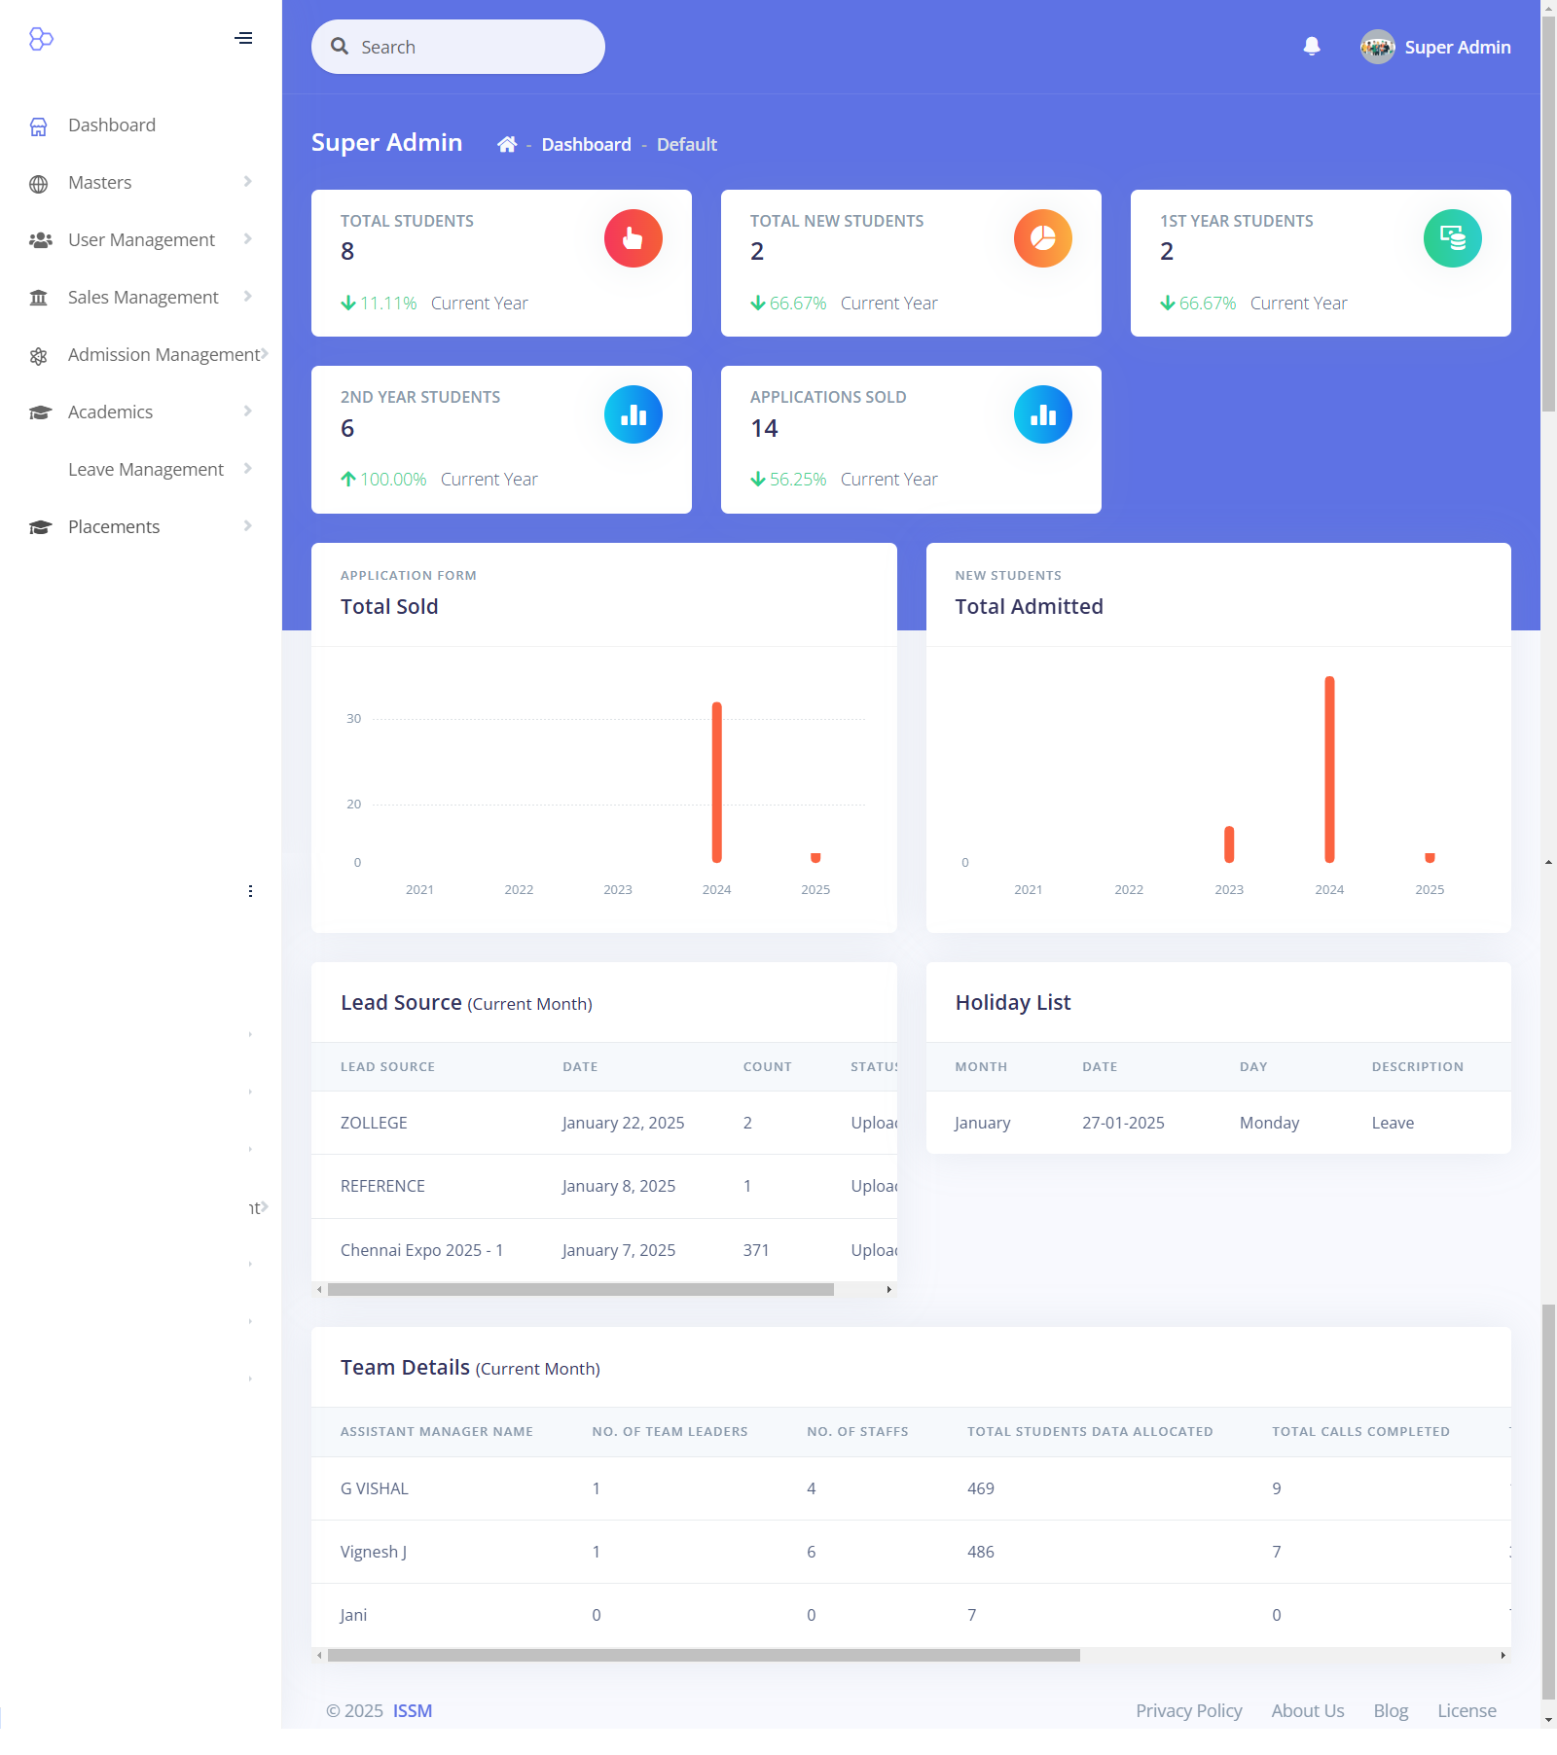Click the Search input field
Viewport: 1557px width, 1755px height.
457,47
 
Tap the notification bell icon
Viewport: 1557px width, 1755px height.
1312,47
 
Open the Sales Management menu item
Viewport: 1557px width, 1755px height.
143,298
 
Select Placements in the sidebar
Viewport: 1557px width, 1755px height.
114,527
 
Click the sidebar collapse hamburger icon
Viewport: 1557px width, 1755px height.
243,39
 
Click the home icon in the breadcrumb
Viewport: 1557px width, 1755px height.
507,145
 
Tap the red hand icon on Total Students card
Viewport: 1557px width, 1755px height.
634,238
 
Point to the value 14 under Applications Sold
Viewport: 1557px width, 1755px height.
764,429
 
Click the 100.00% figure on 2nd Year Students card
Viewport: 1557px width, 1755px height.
393,480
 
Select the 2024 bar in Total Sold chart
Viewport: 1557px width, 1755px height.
717,782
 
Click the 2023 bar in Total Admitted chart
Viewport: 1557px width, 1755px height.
1229,844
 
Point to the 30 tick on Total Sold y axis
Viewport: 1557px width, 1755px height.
353,719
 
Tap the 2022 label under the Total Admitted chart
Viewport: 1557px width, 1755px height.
1129,890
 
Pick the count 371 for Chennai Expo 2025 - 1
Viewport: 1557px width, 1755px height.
756,1251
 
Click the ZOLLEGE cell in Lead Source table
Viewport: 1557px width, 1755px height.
374,1124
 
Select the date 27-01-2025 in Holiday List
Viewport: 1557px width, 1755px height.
1123,1124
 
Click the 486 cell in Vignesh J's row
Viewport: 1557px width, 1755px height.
981,1553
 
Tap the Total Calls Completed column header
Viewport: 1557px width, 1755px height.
1360,1432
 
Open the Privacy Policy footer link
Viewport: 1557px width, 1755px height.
1189,1711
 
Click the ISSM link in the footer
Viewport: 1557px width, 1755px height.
413,1711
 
